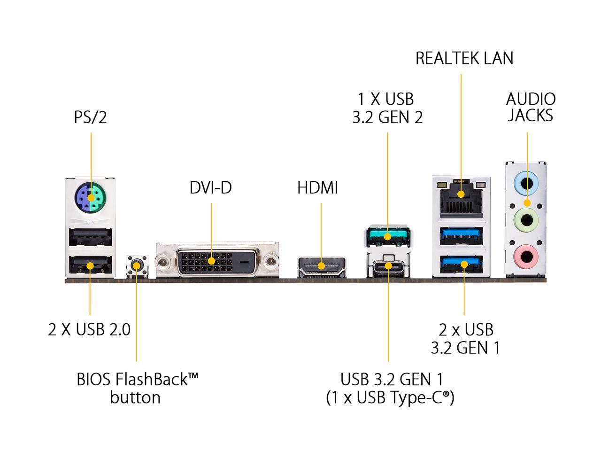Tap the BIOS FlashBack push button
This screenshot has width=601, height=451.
[x=137, y=265]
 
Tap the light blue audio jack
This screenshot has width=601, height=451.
[x=526, y=183]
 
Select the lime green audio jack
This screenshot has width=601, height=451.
[x=526, y=220]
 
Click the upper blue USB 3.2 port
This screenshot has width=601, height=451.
[x=462, y=236]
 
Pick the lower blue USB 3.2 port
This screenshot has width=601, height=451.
[x=462, y=264]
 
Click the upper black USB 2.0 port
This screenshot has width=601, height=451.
[x=90, y=237]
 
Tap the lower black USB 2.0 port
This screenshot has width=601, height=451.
[x=90, y=265]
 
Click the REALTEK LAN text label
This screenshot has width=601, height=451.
[x=464, y=58]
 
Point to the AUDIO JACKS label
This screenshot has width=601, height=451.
[x=531, y=107]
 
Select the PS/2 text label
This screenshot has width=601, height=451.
[x=90, y=117]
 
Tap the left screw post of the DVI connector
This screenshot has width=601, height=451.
[x=163, y=262]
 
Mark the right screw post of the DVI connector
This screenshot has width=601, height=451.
[x=271, y=262]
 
